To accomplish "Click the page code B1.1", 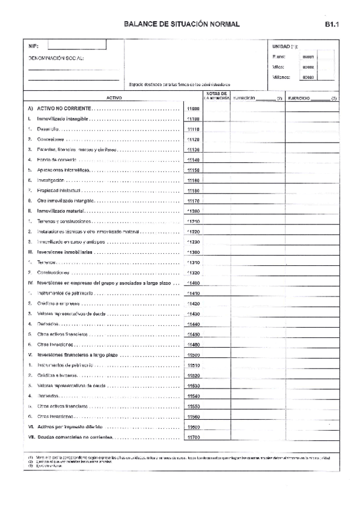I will [x=333, y=25].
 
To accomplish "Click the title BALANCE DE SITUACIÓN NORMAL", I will [x=182, y=25].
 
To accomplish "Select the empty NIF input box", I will [x=77, y=45].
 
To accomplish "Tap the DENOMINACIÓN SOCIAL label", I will [x=57, y=58].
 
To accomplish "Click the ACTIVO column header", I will [x=114, y=97].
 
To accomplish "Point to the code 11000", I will [x=193, y=109].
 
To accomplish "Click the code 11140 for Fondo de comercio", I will [x=193, y=160].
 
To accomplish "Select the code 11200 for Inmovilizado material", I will [x=193, y=211].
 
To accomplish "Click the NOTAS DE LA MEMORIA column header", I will [x=215, y=96].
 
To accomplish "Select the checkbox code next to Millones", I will [x=308, y=78].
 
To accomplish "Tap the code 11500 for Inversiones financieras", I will [x=193, y=355].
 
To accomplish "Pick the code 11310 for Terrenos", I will [x=193, y=262].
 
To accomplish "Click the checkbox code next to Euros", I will [x=308, y=57].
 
